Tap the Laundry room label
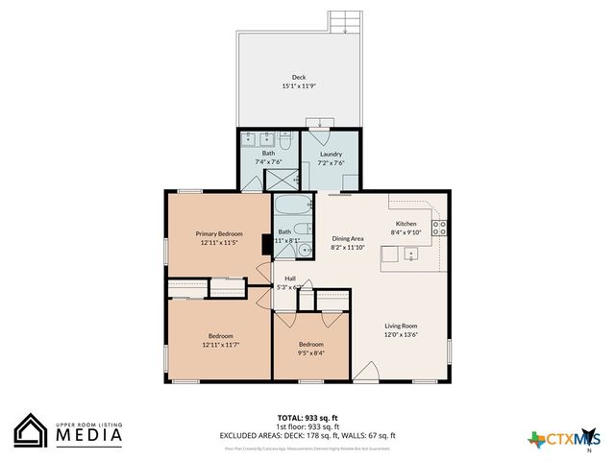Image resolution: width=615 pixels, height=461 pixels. pos(331,154)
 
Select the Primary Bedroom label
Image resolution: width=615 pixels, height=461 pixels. pos(219,233)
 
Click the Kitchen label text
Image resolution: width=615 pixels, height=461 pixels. pos(406,223)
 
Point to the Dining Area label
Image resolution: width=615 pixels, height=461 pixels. pos(347,238)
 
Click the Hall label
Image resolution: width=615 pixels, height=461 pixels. pos(289,279)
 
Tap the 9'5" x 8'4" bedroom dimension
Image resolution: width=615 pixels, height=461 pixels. pos(310,352)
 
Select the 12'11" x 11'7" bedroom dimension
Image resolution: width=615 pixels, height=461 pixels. pos(221,344)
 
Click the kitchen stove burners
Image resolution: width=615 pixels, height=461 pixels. pos(439,228)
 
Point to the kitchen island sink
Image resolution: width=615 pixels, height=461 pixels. pos(409,255)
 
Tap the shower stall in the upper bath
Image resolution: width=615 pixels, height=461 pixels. pos(283,179)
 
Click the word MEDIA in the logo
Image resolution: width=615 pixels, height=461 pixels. pos(87,435)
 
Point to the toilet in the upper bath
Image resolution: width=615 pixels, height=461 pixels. pos(285,140)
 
